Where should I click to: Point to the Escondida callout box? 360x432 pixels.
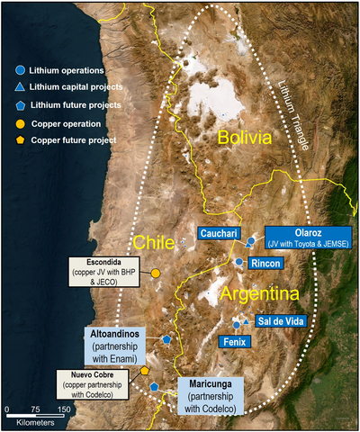click(106, 273)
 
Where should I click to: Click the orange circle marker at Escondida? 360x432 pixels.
click(156, 273)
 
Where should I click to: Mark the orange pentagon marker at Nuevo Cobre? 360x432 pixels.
click(145, 371)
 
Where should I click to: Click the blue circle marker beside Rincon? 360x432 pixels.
click(238, 262)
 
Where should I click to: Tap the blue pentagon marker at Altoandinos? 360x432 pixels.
click(167, 339)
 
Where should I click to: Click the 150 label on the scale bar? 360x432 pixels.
click(65, 409)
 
